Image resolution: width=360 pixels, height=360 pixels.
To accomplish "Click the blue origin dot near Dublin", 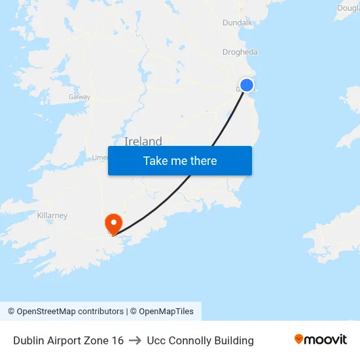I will [247, 85].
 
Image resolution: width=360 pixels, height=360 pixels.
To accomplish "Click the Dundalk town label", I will [237, 22].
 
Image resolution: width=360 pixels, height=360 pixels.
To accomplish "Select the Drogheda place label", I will [240, 52].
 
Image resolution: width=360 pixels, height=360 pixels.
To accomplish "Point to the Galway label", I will [79, 97].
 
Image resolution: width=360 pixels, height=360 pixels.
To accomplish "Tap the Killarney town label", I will [52, 215].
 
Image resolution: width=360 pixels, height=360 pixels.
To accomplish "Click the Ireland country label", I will [143, 141].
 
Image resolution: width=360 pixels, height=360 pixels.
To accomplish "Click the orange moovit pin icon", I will [299, 339].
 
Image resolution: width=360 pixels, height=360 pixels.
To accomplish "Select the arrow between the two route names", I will [135, 340].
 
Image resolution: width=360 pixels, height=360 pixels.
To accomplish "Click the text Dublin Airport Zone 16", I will [68, 340].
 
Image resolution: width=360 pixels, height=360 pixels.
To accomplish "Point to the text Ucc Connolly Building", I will [200, 340].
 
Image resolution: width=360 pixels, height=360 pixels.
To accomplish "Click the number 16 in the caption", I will [117, 340].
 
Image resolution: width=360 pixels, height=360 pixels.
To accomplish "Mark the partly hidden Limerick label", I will [99, 157].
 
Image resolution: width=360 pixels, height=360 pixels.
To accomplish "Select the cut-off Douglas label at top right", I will [348, 9].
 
